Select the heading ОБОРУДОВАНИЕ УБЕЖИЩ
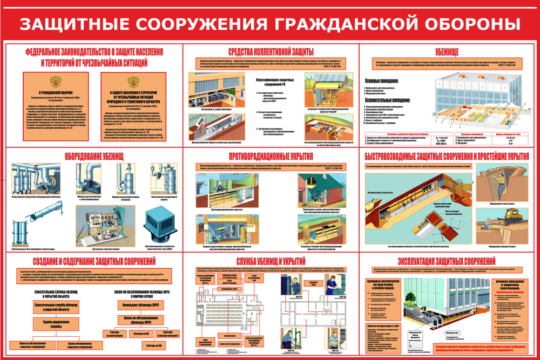(95, 156)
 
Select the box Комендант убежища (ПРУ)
(139, 305)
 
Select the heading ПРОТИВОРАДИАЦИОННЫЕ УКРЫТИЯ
(271, 156)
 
